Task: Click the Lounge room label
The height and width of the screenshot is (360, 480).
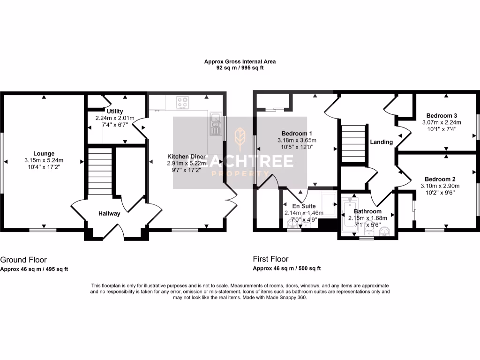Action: (44, 153)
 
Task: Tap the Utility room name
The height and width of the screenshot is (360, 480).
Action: (114, 111)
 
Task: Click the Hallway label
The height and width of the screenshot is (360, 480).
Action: (109, 214)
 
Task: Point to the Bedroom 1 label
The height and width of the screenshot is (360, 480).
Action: (297, 133)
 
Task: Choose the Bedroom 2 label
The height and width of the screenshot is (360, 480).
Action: (440, 179)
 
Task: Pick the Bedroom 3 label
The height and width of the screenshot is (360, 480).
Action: (441, 115)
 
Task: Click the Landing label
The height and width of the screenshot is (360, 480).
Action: (381, 142)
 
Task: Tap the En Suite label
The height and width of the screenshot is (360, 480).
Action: (304, 206)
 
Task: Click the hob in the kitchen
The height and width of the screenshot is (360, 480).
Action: (182, 102)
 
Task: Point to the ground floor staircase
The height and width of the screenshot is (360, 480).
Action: (98, 172)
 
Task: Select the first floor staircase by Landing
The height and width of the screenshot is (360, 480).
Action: (352, 143)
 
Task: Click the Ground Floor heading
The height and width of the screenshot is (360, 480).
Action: (23, 259)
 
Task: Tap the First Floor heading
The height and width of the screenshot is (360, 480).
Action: (270, 259)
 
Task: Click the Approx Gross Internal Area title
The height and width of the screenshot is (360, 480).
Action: (240, 61)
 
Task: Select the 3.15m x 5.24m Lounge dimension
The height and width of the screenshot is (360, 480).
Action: (44, 160)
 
